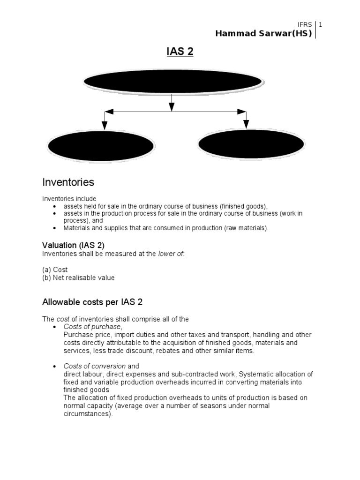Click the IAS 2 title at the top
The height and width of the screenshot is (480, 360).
tap(180, 52)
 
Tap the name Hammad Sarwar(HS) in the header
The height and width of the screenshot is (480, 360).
tap(263, 33)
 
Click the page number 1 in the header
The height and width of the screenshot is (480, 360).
tap(321, 24)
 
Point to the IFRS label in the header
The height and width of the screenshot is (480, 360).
tap(305, 24)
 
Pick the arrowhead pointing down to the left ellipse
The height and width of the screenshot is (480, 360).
tap(105, 125)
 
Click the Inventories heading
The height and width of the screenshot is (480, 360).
tap(68, 182)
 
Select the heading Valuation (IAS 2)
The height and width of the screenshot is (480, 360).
tap(74, 245)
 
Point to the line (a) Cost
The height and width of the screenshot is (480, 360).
tap(55, 270)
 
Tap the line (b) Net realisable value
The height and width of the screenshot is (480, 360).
tap(78, 277)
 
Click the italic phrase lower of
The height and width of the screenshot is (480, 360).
tap(172, 254)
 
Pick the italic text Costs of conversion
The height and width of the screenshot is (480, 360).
tap(95, 366)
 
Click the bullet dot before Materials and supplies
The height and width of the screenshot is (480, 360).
tap(55, 228)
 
